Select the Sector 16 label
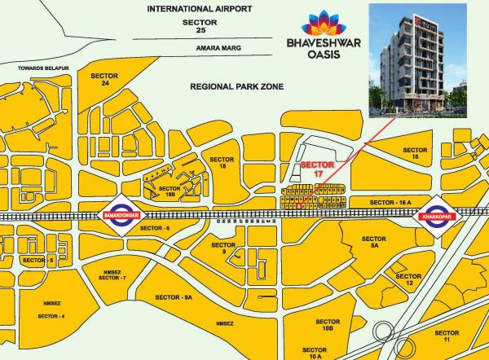tap(415, 155)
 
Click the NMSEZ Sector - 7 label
tap(112, 274)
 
